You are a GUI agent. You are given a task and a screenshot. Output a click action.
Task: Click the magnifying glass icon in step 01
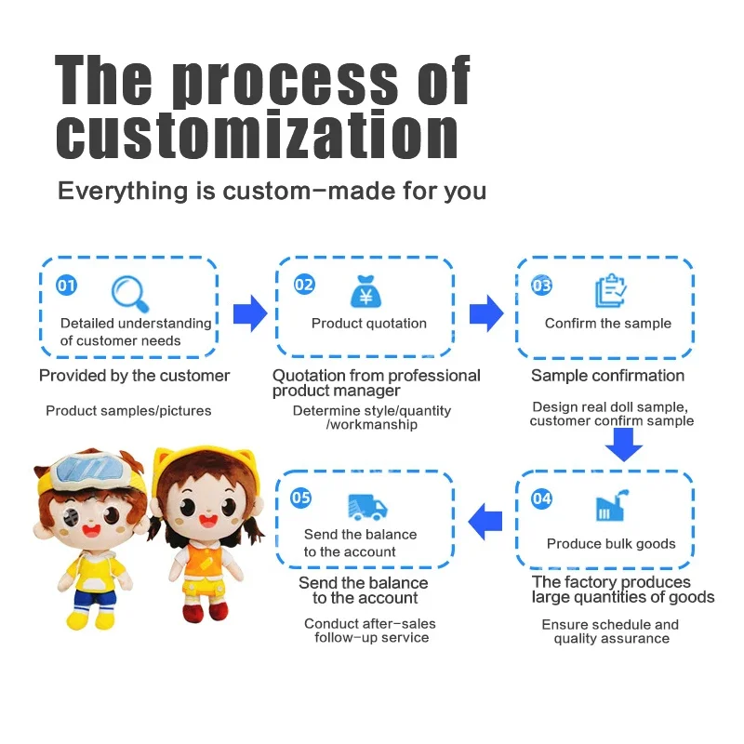(x=130, y=293)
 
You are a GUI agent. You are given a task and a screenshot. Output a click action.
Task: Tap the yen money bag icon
(x=365, y=291)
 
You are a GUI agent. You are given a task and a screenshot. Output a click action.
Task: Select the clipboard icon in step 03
(x=611, y=291)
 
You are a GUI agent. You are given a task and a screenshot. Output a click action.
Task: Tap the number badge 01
(x=66, y=286)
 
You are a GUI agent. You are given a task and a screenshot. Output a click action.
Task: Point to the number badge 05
(x=300, y=498)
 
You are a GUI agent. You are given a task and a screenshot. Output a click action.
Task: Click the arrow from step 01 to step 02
(x=249, y=314)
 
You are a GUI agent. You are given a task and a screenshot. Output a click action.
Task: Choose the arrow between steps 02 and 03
(x=486, y=314)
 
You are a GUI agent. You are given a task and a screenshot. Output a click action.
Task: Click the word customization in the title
(x=257, y=135)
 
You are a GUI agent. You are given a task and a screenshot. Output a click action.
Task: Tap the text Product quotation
(x=369, y=324)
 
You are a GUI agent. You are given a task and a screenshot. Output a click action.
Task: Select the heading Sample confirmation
(x=607, y=376)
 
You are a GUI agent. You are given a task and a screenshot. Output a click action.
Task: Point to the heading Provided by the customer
(x=134, y=376)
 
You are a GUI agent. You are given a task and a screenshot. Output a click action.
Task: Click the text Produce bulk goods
(x=611, y=544)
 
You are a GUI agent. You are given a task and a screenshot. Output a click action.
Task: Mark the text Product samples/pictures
(x=128, y=410)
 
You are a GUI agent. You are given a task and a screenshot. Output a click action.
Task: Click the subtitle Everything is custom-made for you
(x=272, y=192)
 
